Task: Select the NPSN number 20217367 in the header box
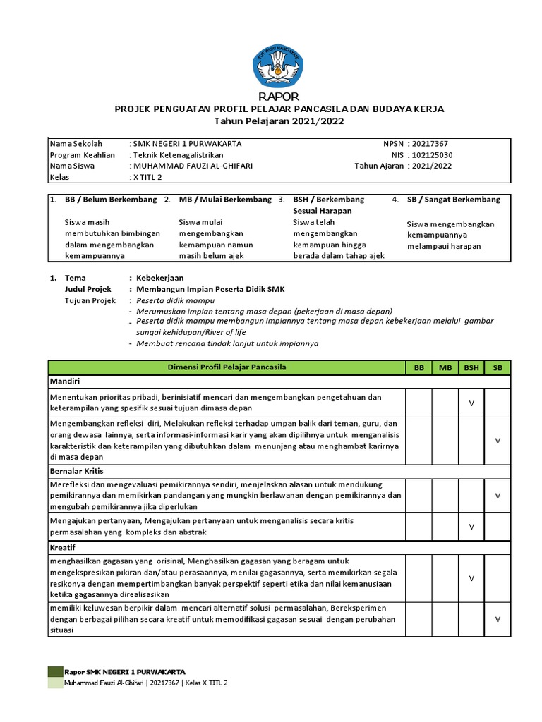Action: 432,143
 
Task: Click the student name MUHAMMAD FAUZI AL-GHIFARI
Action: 193,166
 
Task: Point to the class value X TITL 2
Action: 148,177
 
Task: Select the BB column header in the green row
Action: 418,367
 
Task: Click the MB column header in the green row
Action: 445,367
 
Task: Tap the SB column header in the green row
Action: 497,367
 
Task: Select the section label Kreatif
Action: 63,546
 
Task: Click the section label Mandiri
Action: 64,381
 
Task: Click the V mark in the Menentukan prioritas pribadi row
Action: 471,403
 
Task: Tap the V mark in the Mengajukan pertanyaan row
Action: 471,527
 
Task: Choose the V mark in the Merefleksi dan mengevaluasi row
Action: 497,496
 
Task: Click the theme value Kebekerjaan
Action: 159,278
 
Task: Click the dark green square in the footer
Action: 55,671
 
